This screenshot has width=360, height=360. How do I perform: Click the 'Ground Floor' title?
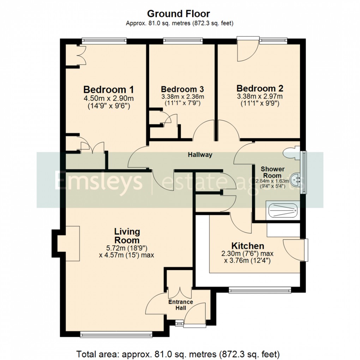pyautogui.click(x=178, y=14)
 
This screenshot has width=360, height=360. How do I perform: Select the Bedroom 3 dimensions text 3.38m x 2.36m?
pyautogui.click(x=182, y=96)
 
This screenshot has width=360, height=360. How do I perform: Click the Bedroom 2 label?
pyautogui.click(x=260, y=88)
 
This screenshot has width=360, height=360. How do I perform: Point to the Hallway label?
pyautogui.click(x=200, y=155)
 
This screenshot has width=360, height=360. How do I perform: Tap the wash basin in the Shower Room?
pyautogui.click(x=298, y=181)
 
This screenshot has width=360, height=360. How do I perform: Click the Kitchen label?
pyautogui.click(x=247, y=246)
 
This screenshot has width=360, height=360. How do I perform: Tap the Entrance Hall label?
pyautogui.click(x=180, y=305)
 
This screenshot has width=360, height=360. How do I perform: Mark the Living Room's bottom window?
pyautogui.click(x=116, y=334)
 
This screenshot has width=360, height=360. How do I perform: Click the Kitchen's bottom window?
pyautogui.click(x=260, y=290)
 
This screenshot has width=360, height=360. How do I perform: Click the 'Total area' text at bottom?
pyautogui.click(x=178, y=353)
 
